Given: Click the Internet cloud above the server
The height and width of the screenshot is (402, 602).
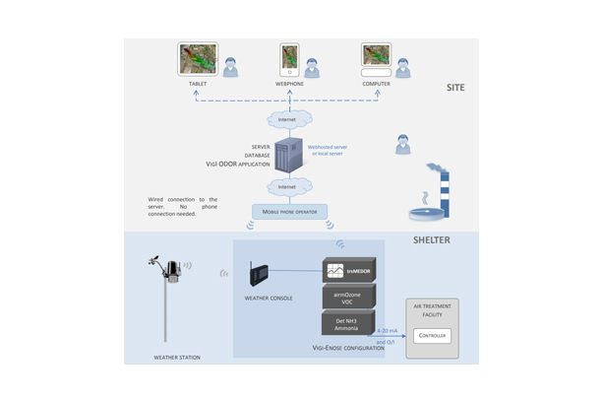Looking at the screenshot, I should (x=287, y=120).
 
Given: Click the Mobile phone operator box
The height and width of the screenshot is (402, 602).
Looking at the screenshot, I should (x=290, y=211).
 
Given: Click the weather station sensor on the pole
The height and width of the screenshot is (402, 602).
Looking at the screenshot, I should (x=171, y=268).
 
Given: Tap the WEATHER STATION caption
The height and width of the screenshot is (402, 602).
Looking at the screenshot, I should (x=177, y=357).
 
